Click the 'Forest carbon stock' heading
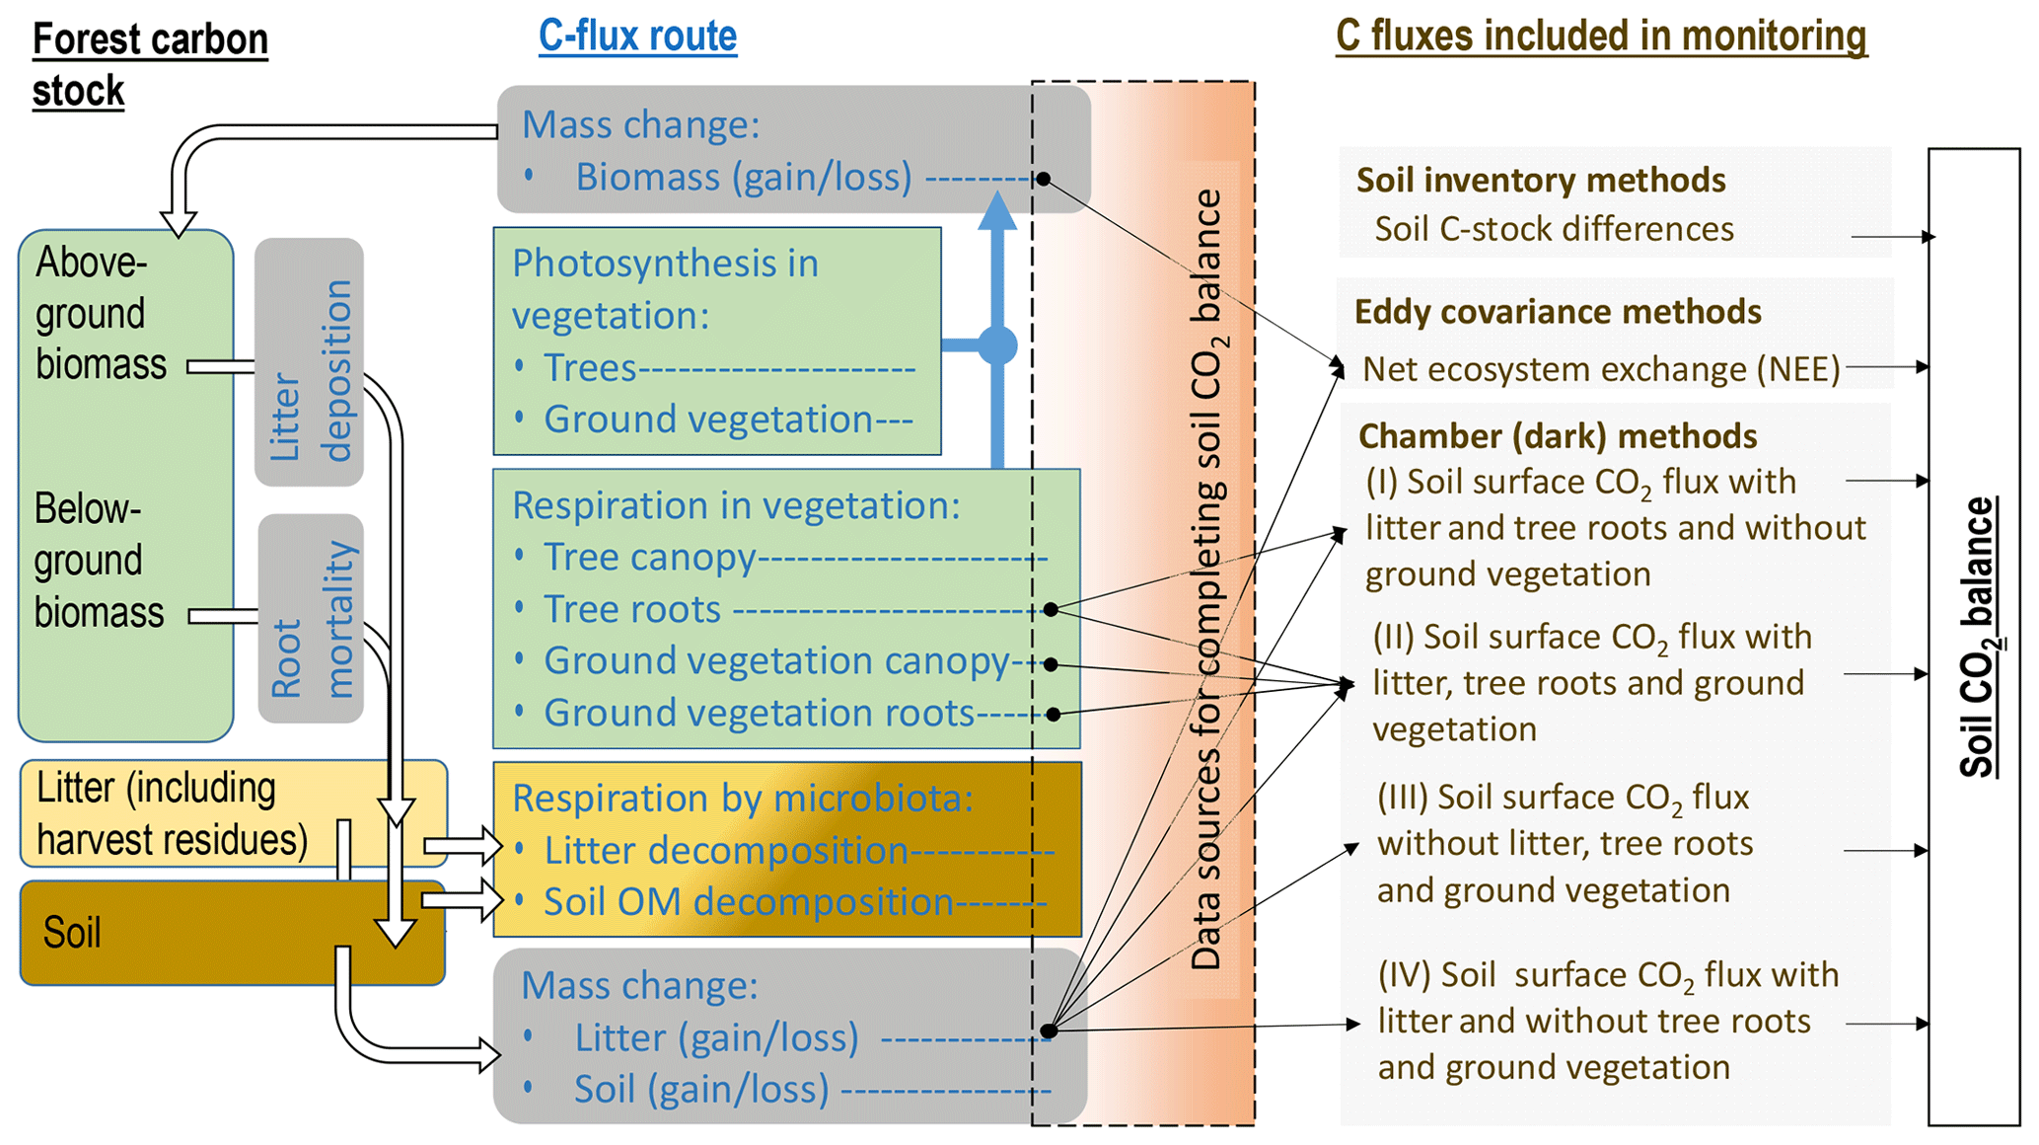tap(150, 65)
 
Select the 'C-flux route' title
tap(637, 36)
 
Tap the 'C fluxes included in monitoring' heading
tap(1600, 36)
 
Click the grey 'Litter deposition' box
tap(310, 362)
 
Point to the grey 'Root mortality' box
tap(311, 618)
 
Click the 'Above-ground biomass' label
tap(101, 313)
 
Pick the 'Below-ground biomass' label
tap(99, 560)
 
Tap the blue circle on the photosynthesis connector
tap(997, 345)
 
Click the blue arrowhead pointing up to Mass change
tap(997, 211)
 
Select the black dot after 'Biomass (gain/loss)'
tap(1043, 179)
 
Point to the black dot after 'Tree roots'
tap(1051, 610)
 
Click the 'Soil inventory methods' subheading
tap(1541, 181)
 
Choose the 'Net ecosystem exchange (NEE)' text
tap(1601, 369)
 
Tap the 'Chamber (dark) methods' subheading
tap(1558, 436)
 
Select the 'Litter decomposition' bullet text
tap(726, 850)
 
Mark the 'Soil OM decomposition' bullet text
tap(749, 902)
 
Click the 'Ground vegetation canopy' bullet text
tap(776, 660)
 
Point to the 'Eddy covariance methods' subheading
tap(1558, 312)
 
